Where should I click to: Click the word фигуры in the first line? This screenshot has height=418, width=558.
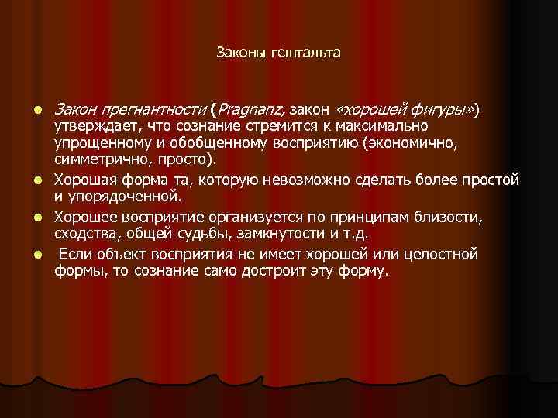pos(448,110)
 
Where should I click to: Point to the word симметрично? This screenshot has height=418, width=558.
pos(97,159)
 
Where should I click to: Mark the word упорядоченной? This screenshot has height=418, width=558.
pos(121,197)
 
